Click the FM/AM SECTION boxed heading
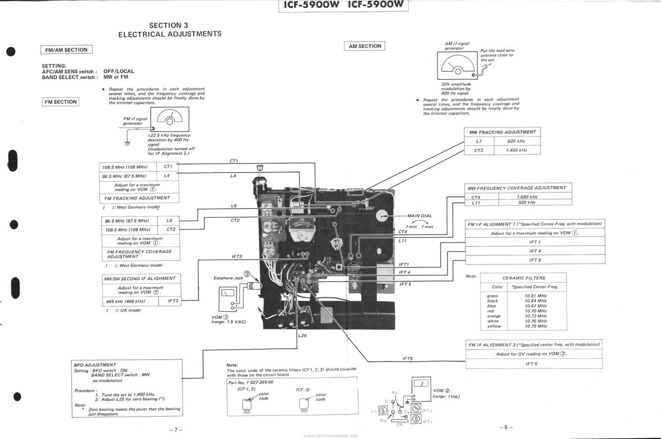click(x=66, y=50)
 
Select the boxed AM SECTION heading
click(x=365, y=46)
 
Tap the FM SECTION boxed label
click(x=60, y=102)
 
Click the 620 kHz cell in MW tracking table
click(x=516, y=141)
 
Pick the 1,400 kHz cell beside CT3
click(x=516, y=150)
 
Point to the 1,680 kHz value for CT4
click(x=527, y=197)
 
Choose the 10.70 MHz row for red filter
click(x=535, y=311)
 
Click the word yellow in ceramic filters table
click(x=494, y=326)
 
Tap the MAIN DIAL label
click(x=419, y=216)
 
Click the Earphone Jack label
click(x=228, y=278)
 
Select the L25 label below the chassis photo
click(x=302, y=336)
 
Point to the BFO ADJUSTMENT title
click(x=95, y=365)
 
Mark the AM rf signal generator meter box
click(x=457, y=65)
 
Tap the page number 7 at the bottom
click(x=176, y=430)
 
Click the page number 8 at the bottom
click(x=506, y=427)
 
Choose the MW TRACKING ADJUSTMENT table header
click(x=502, y=132)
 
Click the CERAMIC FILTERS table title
click(x=524, y=278)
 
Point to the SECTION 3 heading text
click(x=168, y=25)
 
